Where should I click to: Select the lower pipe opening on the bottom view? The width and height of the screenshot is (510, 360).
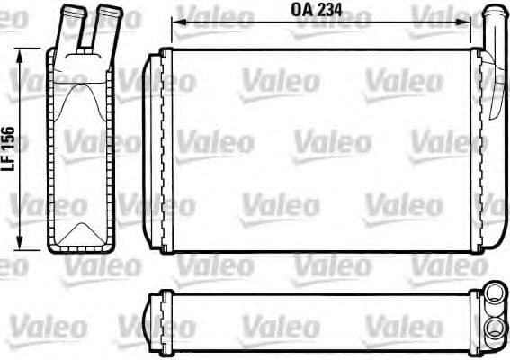[x=492, y=327]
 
